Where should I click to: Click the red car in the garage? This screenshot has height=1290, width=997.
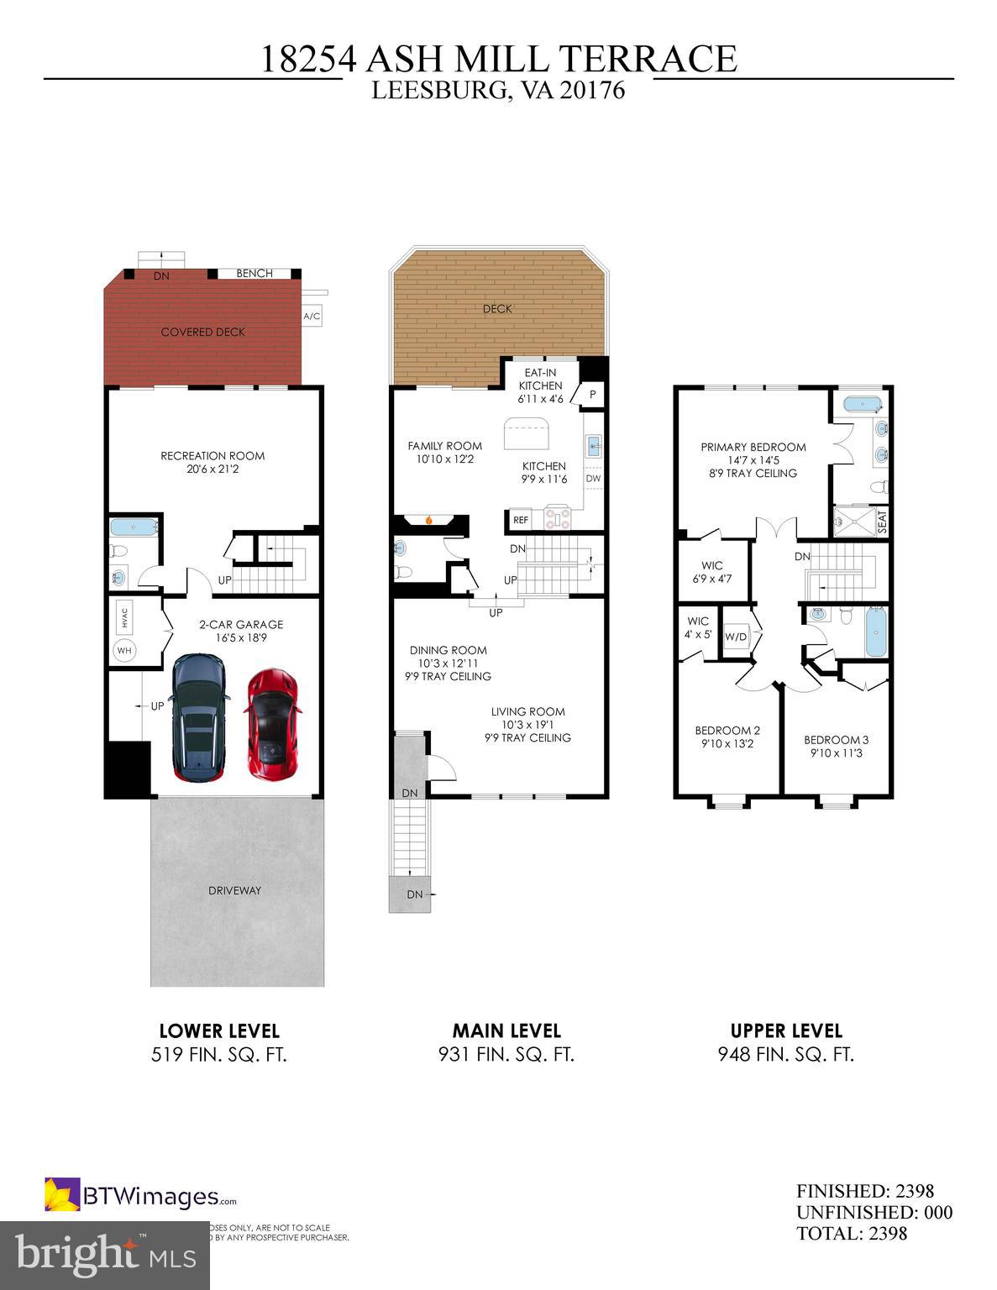click(272, 723)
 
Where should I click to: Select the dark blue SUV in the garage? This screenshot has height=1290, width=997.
click(198, 718)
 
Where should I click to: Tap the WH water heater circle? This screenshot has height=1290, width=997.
click(124, 650)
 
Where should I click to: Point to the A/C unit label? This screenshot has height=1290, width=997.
click(312, 317)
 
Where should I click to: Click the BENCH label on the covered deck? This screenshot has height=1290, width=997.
click(254, 273)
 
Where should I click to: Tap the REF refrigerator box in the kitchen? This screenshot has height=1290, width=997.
click(521, 521)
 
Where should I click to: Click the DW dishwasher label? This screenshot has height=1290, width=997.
click(593, 479)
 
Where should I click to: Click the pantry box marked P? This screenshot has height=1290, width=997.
click(592, 394)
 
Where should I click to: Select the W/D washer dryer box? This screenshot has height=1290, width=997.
click(736, 637)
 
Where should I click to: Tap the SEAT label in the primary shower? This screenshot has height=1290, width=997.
click(881, 522)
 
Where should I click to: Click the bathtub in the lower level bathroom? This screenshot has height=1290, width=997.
click(134, 528)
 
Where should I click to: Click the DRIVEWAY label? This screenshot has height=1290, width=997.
click(234, 890)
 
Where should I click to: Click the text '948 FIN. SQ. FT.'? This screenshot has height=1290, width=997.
click(785, 1055)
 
